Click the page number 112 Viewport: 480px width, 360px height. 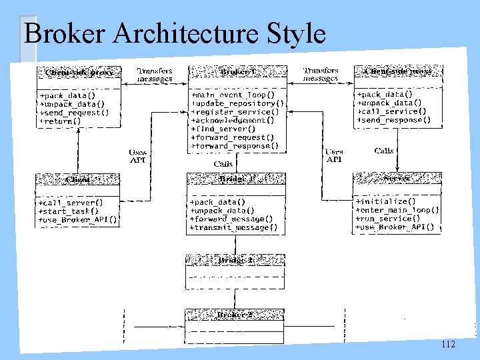tap(448, 344)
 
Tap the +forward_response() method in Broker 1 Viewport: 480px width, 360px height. tap(235, 145)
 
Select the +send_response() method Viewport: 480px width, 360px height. tap(393, 121)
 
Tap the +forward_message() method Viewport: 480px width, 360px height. tap(231, 219)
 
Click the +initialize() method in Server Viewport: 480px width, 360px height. tap(386, 201)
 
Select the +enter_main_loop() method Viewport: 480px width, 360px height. tap(397, 209)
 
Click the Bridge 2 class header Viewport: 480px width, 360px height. tap(235, 261)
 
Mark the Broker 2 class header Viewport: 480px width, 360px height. tap(235, 315)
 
